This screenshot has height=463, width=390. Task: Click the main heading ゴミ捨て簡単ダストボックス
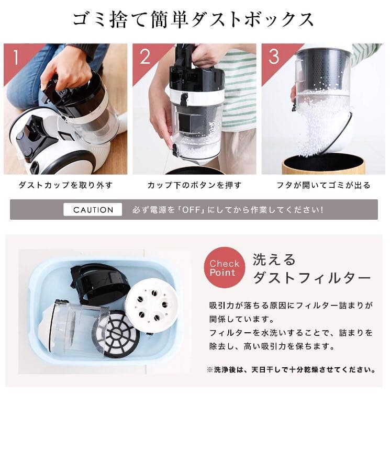pos(194,19)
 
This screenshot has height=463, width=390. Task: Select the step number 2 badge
pos(144,57)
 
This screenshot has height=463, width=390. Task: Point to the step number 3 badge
pos(273,57)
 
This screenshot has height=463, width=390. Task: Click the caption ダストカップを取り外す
pos(65,185)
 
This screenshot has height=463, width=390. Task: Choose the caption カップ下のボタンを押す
pos(194,185)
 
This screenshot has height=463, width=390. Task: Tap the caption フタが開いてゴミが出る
pos(323,185)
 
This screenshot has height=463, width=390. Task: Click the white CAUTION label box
pos(93,210)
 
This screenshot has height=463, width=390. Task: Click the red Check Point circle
pos(224,267)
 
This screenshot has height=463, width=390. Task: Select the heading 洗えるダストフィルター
pos(311,268)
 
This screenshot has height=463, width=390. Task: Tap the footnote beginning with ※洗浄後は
pos(291,369)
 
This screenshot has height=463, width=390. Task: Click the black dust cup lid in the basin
pos(99,283)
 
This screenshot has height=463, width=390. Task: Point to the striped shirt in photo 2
pos(238,89)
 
